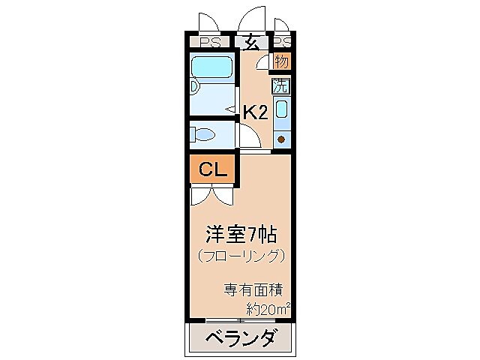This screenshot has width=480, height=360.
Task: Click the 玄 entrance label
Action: pos(252,43)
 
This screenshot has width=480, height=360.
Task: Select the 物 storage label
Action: pos(281,61)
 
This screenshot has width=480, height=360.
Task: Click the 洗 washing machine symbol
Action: pos(280,85)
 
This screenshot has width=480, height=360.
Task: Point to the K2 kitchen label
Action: pos(255,112)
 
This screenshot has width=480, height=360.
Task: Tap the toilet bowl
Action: pos(203,135)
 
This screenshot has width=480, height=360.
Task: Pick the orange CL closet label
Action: pos(213,170)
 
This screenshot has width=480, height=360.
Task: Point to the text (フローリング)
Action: pos(241,256)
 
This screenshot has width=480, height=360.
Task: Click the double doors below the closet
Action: pos(212,196)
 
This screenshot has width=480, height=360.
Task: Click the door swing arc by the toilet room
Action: pos(250,137)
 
